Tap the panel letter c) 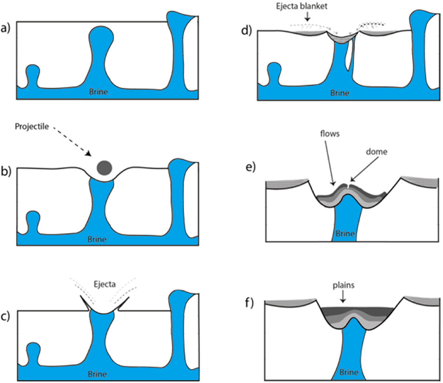click(x=6, y=316)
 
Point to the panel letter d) click(x=246, y=30)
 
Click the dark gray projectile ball click(x=104, y=168)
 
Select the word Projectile click(x=32, y=127)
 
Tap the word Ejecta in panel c click(x=104, y=284)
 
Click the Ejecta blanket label click(x=302, y=6)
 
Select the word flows click(x=330, y=133)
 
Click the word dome click(x=377, y=151)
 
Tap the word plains click(x=344, y=285)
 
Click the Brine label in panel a click(x=98, y=92)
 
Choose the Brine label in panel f click(x=349, y=372)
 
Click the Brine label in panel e click(x=345, y=234)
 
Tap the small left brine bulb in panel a click(x=32, y=71)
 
